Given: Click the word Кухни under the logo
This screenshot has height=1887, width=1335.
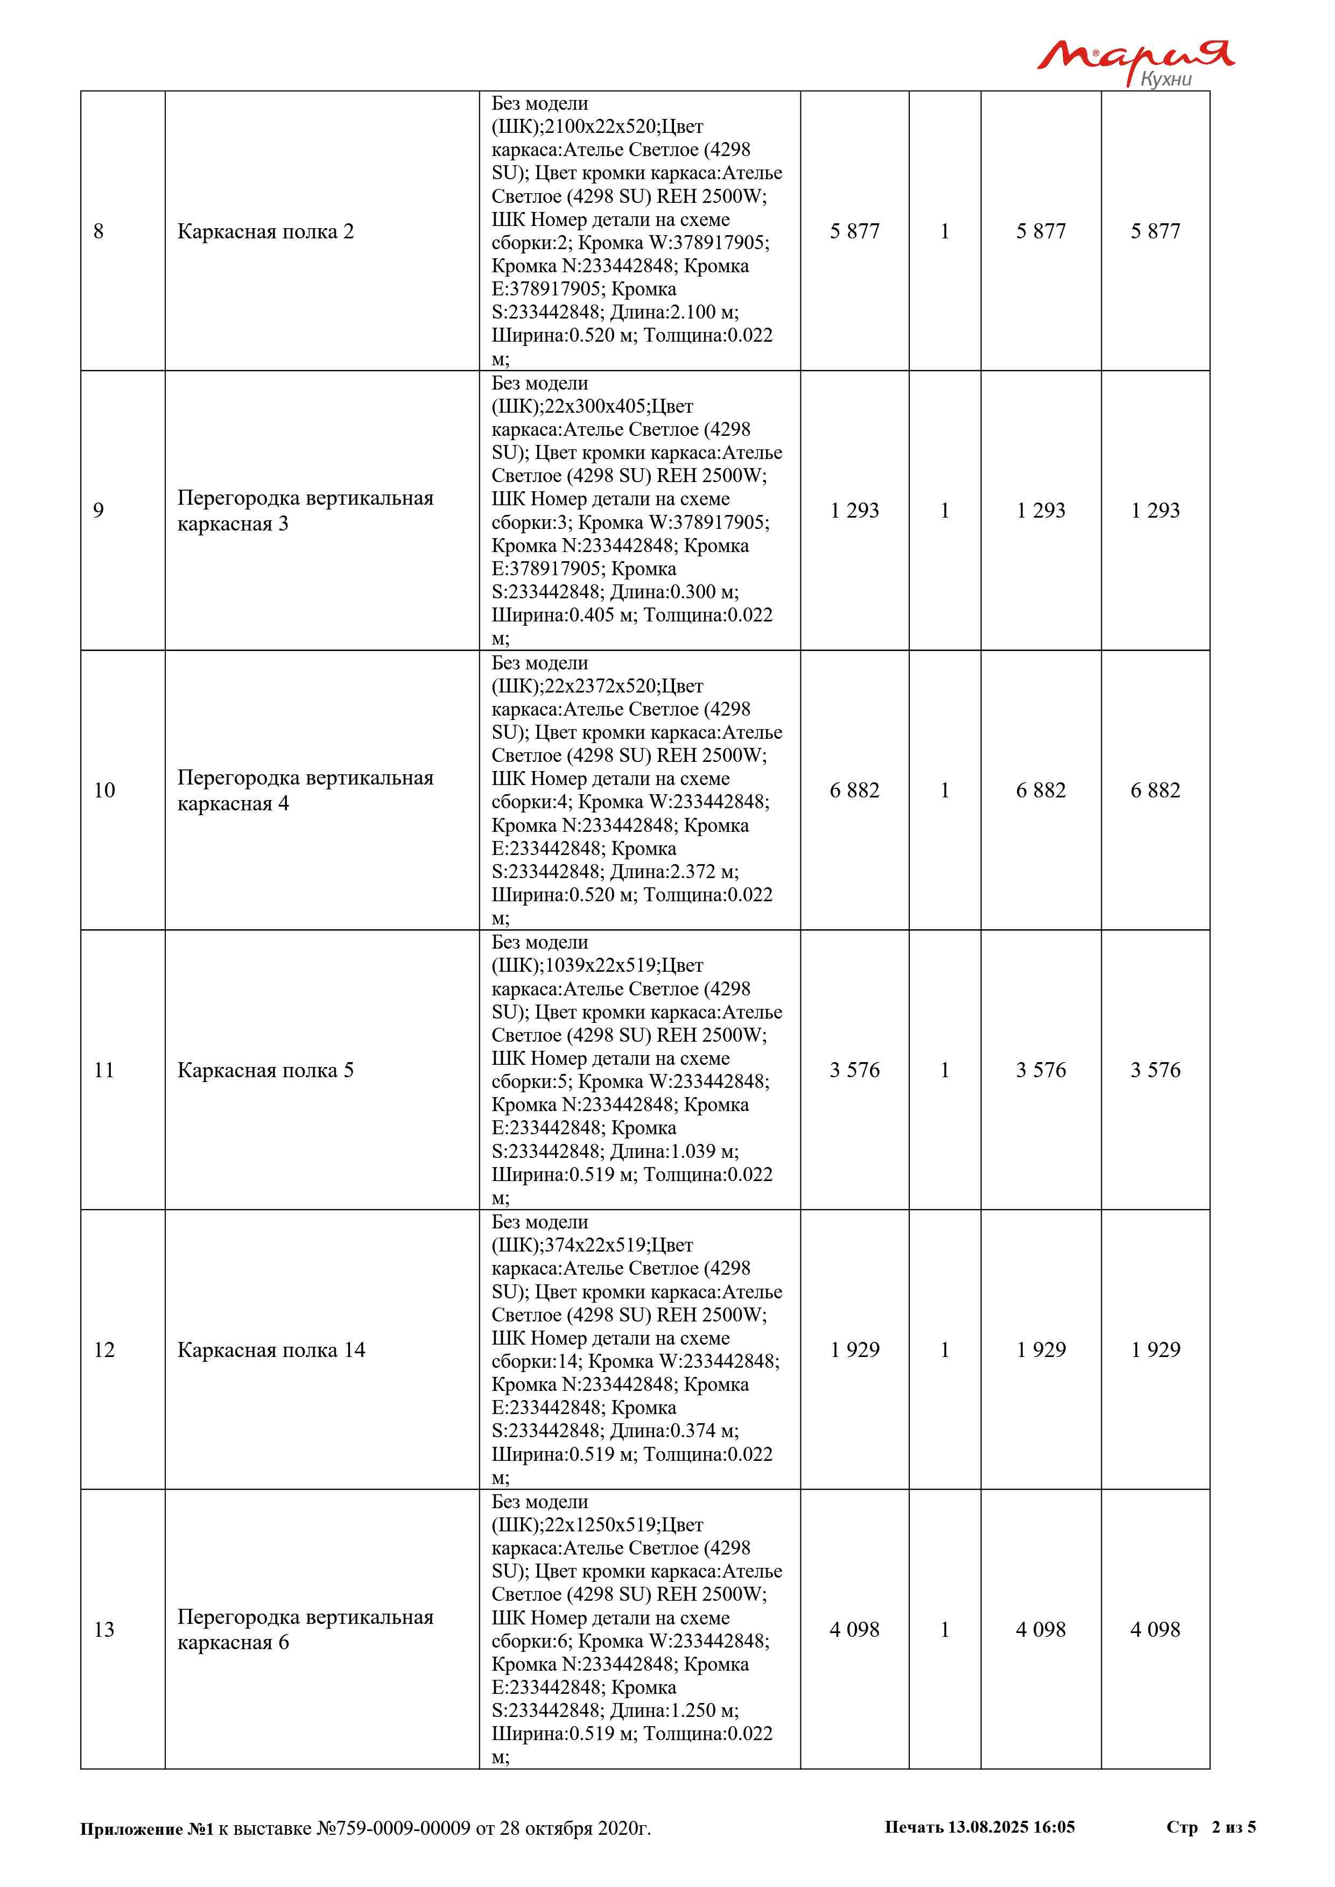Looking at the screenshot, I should click(1165, 79).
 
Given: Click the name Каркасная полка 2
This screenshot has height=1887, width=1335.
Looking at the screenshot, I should click(265, 232).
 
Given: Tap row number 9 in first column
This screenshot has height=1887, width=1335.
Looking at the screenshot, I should click(99, 511).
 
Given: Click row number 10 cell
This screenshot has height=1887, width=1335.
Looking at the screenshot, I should click(104, 790).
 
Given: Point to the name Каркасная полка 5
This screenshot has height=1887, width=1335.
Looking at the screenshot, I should click(265, 1070).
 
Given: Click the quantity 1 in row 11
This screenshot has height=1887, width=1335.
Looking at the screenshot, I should click(945, 1070).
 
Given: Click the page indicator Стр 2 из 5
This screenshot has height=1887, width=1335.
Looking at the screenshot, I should click(1210, 1827).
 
